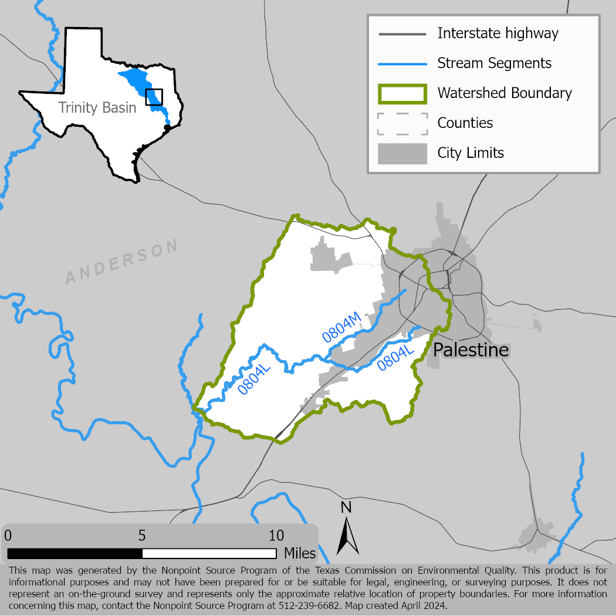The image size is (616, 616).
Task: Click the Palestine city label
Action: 471,351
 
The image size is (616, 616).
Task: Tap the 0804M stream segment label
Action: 340,329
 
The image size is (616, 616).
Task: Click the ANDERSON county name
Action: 121,262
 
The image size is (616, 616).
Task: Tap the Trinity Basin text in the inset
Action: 97,108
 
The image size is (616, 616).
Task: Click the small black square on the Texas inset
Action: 154,97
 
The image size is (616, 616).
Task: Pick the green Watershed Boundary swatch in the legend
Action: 402,93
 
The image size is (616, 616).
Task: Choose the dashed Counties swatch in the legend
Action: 402,123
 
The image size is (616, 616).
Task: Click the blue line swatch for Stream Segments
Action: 402,63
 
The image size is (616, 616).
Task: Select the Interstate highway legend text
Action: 497,33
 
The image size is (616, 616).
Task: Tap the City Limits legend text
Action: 471,153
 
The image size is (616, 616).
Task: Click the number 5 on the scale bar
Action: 142,536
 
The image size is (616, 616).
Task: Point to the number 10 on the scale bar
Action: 276,536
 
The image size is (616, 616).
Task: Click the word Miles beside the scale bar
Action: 300,553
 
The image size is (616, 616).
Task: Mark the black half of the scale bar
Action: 75,553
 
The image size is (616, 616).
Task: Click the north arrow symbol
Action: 347,536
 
